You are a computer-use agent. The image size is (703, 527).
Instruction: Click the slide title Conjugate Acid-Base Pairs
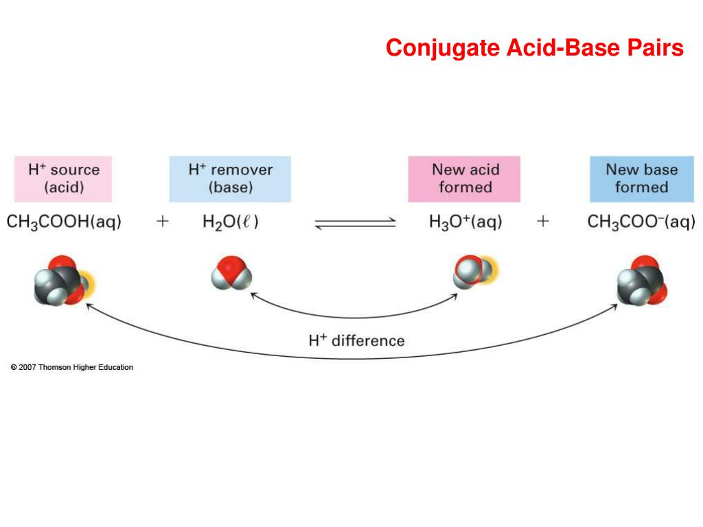tap(534, 48)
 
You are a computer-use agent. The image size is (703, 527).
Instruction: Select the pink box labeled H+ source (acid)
tap(63, 178)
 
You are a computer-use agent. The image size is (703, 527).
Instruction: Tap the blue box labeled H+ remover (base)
tap(230, 178)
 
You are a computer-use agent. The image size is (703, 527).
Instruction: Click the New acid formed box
tap(464, 178)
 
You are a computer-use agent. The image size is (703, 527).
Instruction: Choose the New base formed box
tap(641, 178)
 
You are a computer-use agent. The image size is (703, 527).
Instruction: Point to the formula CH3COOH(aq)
tap(64, 222)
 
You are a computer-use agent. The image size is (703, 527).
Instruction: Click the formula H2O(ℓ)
tap(231, 222)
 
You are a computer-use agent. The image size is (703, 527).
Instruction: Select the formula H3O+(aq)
tap(464, 222)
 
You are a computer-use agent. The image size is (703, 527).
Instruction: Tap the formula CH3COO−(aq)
tap(641, 222)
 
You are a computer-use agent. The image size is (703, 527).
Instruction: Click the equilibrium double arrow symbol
tap(356, 223)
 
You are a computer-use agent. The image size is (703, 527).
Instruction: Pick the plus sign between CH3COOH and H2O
tap(162, 222)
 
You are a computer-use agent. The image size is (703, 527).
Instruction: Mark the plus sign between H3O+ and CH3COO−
tap(543, 222)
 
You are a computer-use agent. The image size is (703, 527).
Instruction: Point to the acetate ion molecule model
tap(642, 279)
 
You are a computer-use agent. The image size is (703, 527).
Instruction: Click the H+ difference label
tap(356, 340)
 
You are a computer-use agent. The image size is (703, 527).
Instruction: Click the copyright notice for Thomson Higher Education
tap(72, 367)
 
